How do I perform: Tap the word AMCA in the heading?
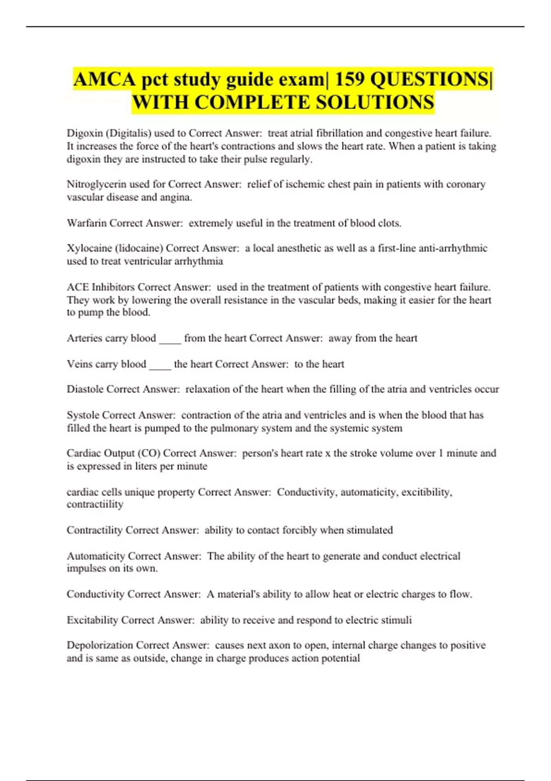(x=105, y=79)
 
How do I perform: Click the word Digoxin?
(x=84, y=133)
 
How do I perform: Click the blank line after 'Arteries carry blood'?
(x=170, y=340)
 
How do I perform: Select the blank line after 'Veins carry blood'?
(x=160, y=367)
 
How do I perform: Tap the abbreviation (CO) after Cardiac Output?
(x=149, y=453)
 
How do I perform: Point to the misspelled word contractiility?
(x=95, y=504)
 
